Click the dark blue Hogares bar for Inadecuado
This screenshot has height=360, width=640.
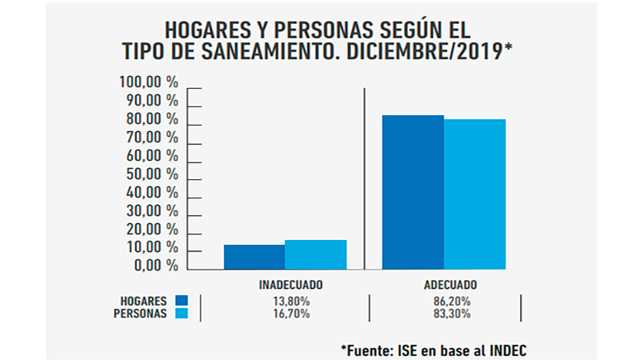pos(254,257)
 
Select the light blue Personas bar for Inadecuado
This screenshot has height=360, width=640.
pos(315,254)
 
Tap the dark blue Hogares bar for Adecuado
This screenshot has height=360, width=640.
pos(413,192)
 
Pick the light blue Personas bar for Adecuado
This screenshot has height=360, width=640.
pos(474,194)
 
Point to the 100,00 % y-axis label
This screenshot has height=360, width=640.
pos(148,82)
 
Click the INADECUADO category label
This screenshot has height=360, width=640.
pos(290,285)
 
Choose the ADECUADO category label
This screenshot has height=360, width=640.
pos(450,285)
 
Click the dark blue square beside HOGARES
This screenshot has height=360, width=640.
pos(181,301)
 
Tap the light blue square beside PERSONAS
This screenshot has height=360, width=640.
pos(181,314)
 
